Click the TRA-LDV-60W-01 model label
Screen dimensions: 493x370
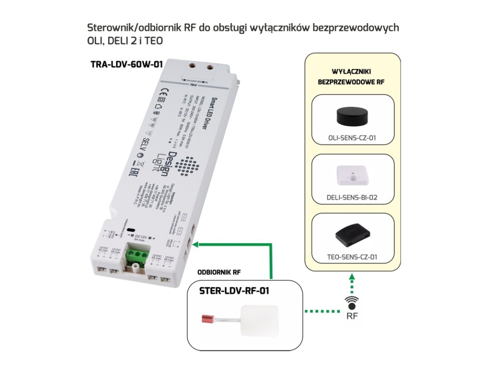click(x=127, y=65)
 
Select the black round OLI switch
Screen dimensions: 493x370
click(x=352, y=116)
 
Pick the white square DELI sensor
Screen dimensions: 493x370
click(x=352, y=177)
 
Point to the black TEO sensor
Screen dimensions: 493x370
click(x=352, y=235)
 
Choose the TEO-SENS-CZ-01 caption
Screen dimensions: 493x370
click(x=352, y=257)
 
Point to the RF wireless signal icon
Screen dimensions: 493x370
click(x=352, y=304)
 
